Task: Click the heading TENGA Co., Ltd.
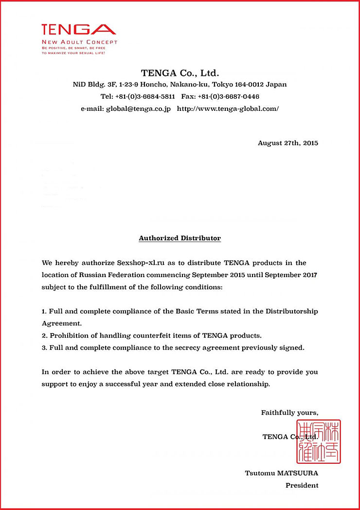[x=180, y=73]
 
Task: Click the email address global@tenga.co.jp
[x=138, y=109]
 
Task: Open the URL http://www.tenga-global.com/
[x=228, y=109]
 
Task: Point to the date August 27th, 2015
[x=288, y=143]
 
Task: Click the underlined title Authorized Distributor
[x=180, y=238]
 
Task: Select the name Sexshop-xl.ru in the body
[x=140, y=263]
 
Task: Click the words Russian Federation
[x=97, y=275]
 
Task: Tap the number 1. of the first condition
[x=44, y=311]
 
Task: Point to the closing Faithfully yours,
[x=289, y=413]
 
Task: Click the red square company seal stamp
[x=319, y=441]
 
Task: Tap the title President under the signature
[x=302, y=485]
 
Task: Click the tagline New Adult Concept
[x=79, y=42]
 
